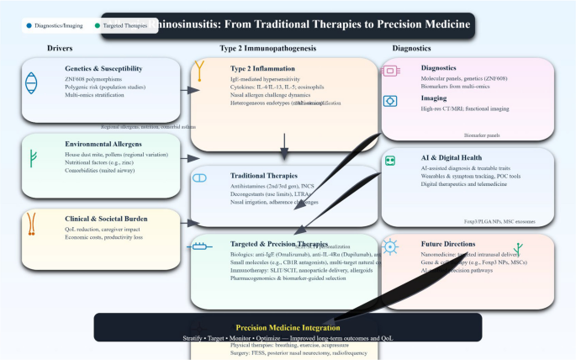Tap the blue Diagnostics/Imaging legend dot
coord(29,26)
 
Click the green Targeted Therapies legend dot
coord(98,26)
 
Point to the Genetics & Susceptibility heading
coord(103,68)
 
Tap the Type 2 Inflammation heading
coord(266,68)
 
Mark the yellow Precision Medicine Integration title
coord(288,327)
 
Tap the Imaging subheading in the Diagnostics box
coord(435,98)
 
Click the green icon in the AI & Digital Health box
coord(390,161)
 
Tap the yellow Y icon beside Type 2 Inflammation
coord(200,72)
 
